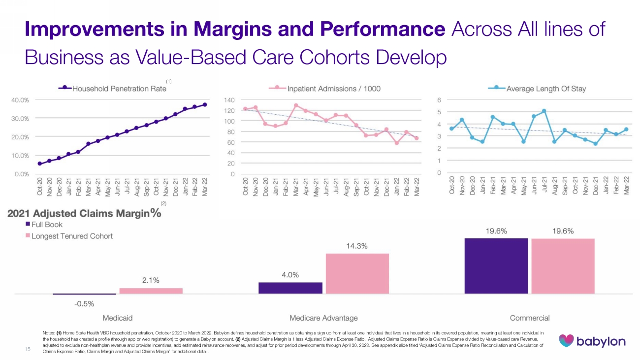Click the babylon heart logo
[567, 340]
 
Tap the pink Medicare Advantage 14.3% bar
[357, 274]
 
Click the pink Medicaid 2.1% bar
[151, 291]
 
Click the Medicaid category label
[118, 317]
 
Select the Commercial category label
[530, 317]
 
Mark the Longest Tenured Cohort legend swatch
[28, 236]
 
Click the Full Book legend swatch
[28, 225]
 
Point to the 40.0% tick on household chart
[20, 100]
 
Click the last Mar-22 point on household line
[204, 105]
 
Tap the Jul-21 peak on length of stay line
[544, 111]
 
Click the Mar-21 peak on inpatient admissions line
[296, 105]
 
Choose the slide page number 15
[27, 350]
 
